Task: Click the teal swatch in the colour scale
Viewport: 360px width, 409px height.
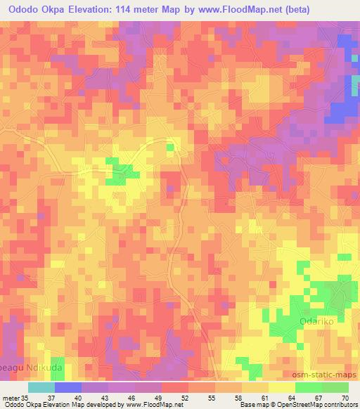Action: (x=41, y=387)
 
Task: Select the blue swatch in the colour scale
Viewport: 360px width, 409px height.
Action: (x=67, y=387)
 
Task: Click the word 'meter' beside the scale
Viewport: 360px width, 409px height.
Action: (x=11, y=398)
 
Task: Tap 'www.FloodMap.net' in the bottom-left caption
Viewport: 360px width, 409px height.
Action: (x=150, y=405)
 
